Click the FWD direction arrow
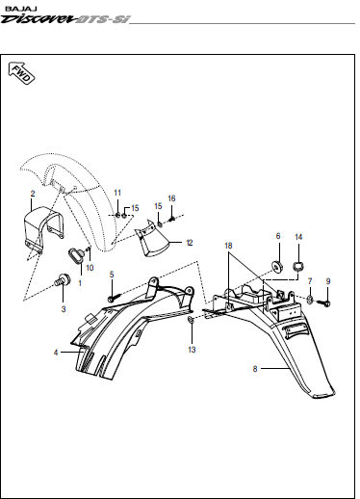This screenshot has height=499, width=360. [21, 73]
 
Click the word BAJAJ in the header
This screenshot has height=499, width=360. [21, 9]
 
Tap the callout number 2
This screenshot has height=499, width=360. [33, 194]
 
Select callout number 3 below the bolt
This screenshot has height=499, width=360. [64, 309]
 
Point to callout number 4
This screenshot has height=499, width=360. [56, 353]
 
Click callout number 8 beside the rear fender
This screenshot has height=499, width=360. [255, 369]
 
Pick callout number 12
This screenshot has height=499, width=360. [190, 243]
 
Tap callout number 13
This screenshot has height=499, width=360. [192, 350]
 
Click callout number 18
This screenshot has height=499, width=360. [228, 246]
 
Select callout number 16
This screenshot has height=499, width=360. [171, 198]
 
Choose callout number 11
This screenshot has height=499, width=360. [117, 193]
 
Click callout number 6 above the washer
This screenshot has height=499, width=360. [278, 236]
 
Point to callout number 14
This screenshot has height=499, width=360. [298, 237]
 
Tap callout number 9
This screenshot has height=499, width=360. [328, 281]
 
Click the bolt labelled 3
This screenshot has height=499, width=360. [63, 279]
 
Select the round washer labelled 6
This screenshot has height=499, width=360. [276, 266]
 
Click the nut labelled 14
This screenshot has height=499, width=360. [298, 266]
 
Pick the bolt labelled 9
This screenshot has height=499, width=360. [323, 302]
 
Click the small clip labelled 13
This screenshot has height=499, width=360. [191, 320]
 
